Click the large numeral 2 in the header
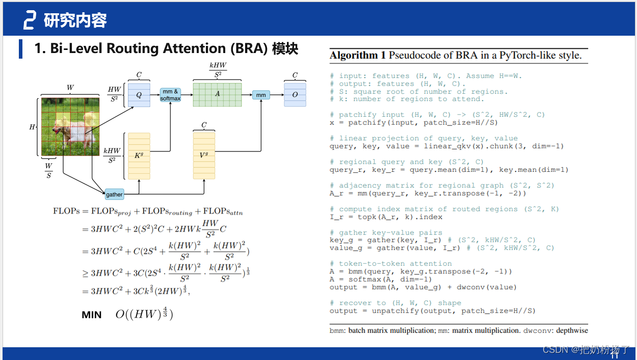(x=29, y=20)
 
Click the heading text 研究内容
(x=75, y=20)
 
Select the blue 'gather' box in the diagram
(x=114, y=194)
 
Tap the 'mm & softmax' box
(x=170, y=95)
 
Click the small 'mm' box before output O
(x=261, y=95)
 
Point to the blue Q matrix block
(x=139, y=94)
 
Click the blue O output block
(x=295, y=94)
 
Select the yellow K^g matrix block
(x=139, y=156)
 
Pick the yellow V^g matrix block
(x=204, y=155)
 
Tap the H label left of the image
(x=32, y=127)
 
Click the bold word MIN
(x=92, y=315)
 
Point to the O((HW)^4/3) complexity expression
(x=144, y=315)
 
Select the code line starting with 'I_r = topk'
(x=386, y=217)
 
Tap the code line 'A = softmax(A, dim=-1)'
(x=380, y=279)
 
